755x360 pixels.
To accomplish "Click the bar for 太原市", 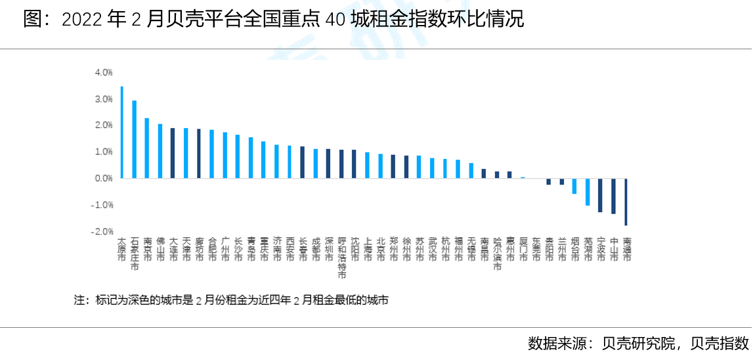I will click(121, 132).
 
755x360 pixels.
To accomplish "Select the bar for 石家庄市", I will click(135, 139).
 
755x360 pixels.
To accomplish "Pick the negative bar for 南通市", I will click(626, 202).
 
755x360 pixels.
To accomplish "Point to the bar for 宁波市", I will click(600, 195).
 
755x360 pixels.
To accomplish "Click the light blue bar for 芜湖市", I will click(587, 192).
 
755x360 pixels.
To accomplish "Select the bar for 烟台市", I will click(574, 186).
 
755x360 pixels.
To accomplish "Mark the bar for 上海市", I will click(367, 166).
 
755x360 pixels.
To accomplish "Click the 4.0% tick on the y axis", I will click(104, 72).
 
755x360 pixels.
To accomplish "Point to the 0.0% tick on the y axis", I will click(104, 178).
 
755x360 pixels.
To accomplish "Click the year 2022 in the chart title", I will click(81, 20).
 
